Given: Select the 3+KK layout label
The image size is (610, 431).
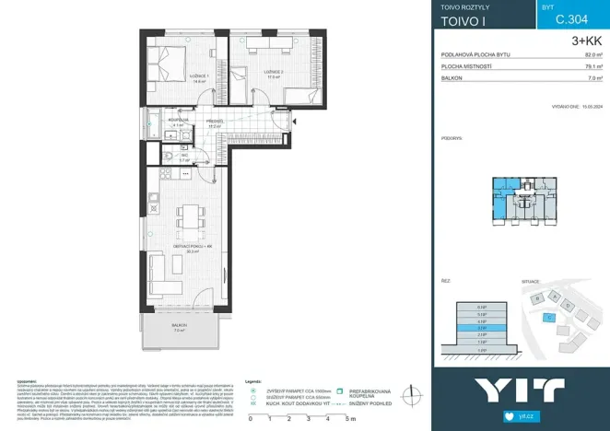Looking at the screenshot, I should (x=586, y=41).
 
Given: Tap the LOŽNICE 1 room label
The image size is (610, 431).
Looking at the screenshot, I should (x=197, y=76).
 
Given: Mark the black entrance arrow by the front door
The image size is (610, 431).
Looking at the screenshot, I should (x=295, y=121).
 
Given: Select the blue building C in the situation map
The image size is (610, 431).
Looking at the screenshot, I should (x=549, y=317).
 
